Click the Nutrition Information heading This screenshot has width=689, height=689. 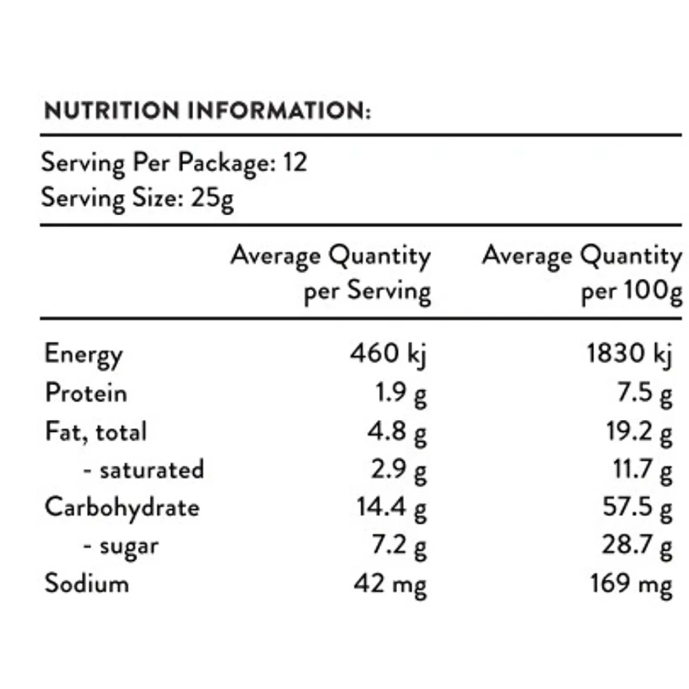(207, 110)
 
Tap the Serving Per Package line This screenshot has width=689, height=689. (174, 163)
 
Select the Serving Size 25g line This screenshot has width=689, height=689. (137, 198)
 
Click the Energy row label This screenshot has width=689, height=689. (83, 355)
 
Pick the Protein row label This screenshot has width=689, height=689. (86, 393)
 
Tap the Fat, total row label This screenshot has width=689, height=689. (96, 432)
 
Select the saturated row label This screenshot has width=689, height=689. (144, 470)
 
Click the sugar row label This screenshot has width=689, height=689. (121, 546)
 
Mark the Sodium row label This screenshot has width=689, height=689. (87, 583)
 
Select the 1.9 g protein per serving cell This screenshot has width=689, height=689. (401, 393)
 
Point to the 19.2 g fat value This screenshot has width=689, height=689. (639, 432)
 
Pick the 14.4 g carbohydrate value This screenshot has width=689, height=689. (391, 508)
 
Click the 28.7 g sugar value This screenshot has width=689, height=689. (637, 546)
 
